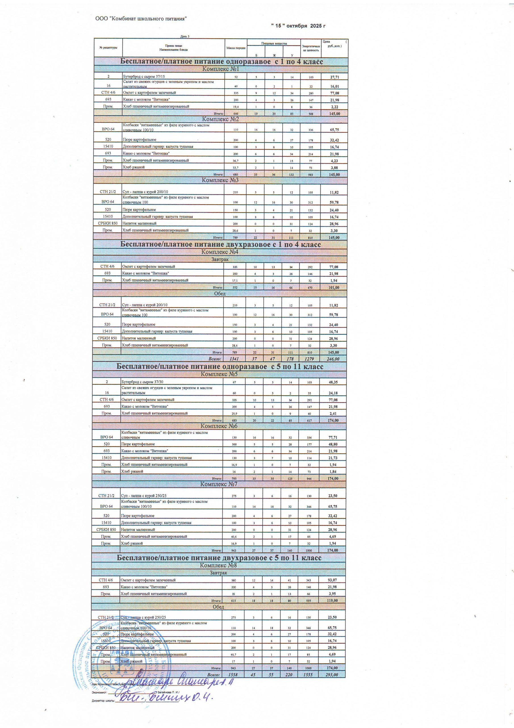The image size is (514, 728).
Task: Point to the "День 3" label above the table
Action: (x=185, y=36)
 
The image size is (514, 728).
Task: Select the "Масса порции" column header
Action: (x=236, y=48)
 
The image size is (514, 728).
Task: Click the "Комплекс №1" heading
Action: (x=220, y=69)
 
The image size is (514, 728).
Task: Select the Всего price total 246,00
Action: (x=333, y=359)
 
